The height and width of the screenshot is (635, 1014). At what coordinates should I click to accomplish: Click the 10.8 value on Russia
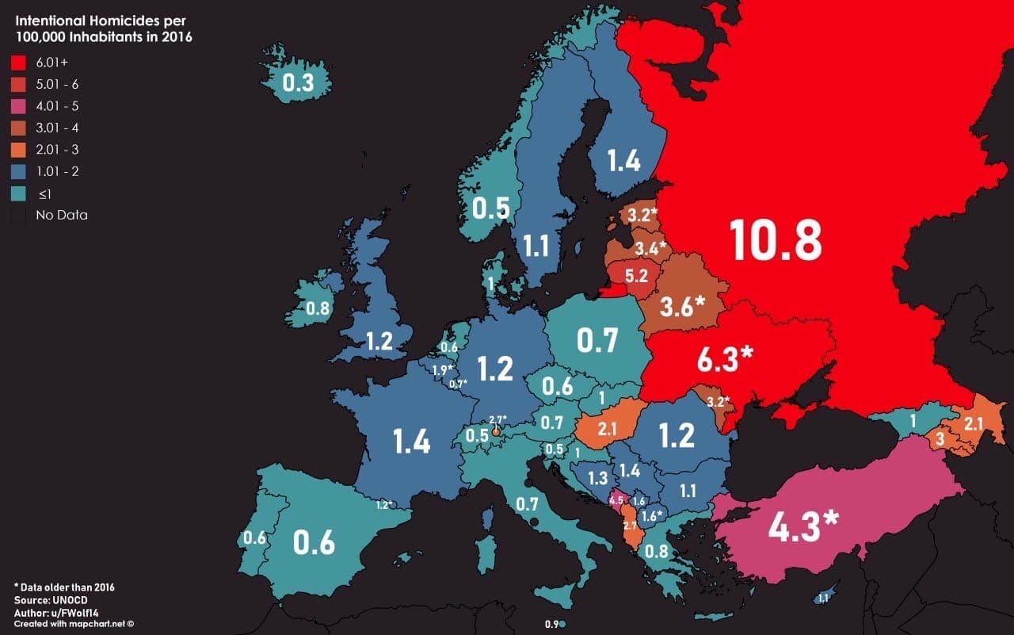[x=775, y=239]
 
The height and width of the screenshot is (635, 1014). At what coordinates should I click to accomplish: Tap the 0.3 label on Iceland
[x=298, y=83]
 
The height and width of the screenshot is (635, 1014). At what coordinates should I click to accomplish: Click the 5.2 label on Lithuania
[x=636, y=277]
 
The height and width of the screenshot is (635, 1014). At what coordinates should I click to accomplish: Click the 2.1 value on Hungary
[x=608, y=430]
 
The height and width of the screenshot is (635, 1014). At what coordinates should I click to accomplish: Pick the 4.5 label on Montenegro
[x=616, y=500]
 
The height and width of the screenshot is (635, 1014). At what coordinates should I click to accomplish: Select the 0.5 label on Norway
[x=490, y=208]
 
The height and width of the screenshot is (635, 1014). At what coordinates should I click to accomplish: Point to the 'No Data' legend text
[x=61, y=215]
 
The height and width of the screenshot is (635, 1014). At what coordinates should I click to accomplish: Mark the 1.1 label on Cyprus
[x=823, y=599]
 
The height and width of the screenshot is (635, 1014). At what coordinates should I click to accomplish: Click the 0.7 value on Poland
[x=597, y=341]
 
